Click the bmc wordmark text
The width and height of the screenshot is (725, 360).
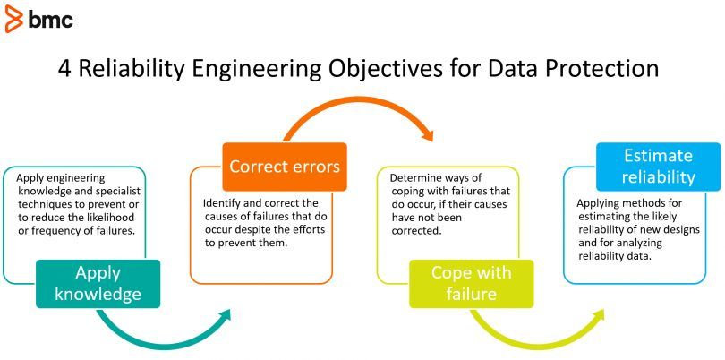coord(52,20)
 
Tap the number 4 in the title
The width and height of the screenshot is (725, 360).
coord(66,69)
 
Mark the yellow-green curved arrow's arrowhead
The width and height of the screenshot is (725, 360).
coord(599,315)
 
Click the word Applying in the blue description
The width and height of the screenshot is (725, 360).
coord(600,202)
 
